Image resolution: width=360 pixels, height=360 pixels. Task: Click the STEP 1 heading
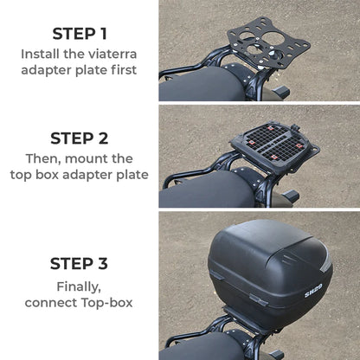pyautogui.click(x=80, y=34)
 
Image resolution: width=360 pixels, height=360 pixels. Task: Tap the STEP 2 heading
pyautogui.click(x=80, y=138)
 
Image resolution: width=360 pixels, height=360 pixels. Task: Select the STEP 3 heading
pyautogui.click(x=80, y=264)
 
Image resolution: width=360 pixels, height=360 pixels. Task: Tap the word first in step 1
pyautogui.click(x=120, y=70)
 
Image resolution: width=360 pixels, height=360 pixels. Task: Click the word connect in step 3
pyautogui.click(x=54, y=302)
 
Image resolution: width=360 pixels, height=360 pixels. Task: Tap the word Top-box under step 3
pyautogui.click(x=109, y=302)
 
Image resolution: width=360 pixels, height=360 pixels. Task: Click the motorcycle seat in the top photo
pyautogui.click(x=195, y=86)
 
